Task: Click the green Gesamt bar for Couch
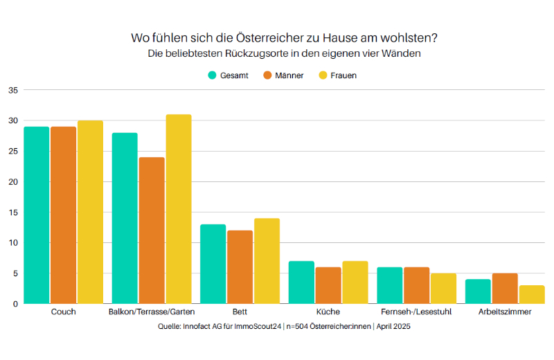[36, 215]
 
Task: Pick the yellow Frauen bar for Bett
[267, 261]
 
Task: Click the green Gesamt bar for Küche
[301, 282]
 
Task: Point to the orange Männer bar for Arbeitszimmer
[505, 289]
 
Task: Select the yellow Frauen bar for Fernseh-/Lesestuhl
[443, 289]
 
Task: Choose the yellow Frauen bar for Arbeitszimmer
[532, 295]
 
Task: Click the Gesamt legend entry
[228, 75]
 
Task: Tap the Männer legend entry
[283, 75]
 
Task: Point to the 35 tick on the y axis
[13, 90]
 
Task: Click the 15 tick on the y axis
[13, 213]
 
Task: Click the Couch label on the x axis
[63, 312]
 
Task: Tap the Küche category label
[328, 312]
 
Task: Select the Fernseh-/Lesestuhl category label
[416, 312]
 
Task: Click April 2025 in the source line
[391, 326]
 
